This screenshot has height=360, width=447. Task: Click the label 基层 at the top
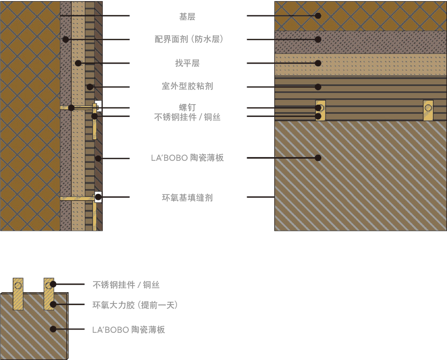187,17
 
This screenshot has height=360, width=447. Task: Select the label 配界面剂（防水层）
188,39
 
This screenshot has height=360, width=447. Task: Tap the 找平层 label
187,63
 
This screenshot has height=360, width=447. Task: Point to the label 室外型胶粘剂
187,86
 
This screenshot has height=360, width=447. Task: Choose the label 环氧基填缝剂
187,198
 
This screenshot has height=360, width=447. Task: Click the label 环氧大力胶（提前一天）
135,305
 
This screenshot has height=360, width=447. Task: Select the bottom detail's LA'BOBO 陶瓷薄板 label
128,330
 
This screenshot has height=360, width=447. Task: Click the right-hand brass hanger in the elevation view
428,110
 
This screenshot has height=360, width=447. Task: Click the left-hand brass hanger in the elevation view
320,110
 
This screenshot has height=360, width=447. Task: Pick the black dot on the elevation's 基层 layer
318,16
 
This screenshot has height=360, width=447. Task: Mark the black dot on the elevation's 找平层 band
318,63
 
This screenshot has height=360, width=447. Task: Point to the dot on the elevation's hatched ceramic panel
318,158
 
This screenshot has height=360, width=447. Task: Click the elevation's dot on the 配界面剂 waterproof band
318,39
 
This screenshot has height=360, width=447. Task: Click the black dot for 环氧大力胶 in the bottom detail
53,305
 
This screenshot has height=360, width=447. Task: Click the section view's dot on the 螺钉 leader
71,108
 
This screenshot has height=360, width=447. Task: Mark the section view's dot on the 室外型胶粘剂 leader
90,87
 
